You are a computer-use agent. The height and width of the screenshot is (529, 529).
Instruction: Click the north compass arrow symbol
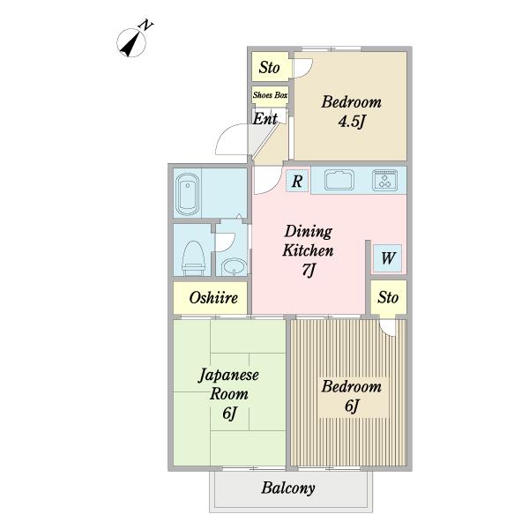131,43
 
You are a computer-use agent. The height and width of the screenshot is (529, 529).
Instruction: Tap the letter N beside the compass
145,26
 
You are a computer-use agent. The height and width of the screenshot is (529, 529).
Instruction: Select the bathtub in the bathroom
188,194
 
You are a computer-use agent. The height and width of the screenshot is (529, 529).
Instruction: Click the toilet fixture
193,258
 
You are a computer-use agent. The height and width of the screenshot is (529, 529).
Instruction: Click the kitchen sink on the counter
339,180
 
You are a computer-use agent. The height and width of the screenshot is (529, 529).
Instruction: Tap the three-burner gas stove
384,180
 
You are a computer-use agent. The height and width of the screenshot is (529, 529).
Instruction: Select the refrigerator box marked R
297,181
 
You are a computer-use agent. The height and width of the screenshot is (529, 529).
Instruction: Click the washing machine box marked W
387,258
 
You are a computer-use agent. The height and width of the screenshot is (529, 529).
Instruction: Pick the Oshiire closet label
213,298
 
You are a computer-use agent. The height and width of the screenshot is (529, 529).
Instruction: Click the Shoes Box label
270,95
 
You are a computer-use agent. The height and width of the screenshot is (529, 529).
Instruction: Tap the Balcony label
288,488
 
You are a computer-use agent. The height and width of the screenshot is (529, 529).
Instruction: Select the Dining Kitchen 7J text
308,250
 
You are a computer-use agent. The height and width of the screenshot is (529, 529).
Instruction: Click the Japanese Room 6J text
228,394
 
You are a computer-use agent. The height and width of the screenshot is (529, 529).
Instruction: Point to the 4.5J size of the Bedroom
352,122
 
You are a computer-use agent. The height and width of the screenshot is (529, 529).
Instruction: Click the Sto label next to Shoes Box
269,67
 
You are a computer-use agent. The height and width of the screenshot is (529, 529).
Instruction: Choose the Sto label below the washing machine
388,298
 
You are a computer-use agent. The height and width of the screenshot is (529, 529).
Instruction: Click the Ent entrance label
265,119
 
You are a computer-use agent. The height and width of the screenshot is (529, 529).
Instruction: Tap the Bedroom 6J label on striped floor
351,395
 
